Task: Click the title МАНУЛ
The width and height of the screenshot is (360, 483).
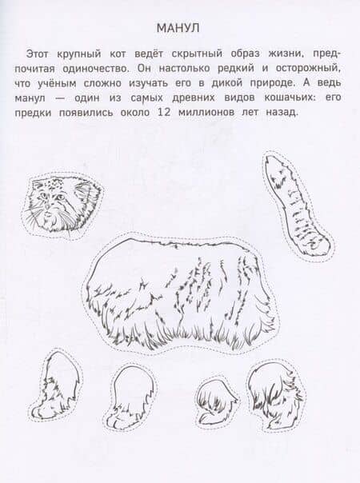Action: tap(178, 28)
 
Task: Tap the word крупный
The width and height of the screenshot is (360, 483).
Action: tap(79, 54)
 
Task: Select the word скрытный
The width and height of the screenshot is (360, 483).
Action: tap(197, 54)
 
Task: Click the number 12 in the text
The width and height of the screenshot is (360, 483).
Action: tap(164, 113)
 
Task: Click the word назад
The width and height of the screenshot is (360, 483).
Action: tap(282, 113)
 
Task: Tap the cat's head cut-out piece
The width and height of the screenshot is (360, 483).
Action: tap(62, 205)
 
